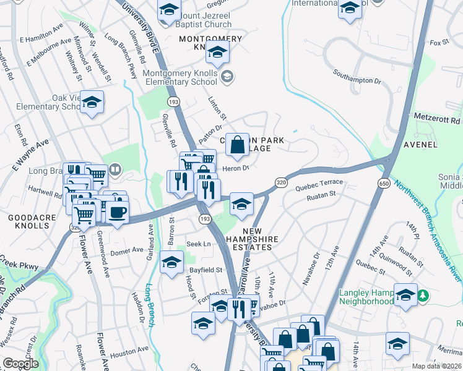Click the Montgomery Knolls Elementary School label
[x=180, y=77]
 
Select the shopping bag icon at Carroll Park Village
[x=237, y=145]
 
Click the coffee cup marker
[x=116, y=211]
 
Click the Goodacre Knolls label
[x=28, y=221]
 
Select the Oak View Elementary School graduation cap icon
[x=92, y=103]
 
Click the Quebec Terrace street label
[x=319, y=182]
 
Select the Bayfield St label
[x=205, y=270]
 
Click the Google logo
[x=20, y=364]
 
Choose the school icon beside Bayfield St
[x=171, y=262]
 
